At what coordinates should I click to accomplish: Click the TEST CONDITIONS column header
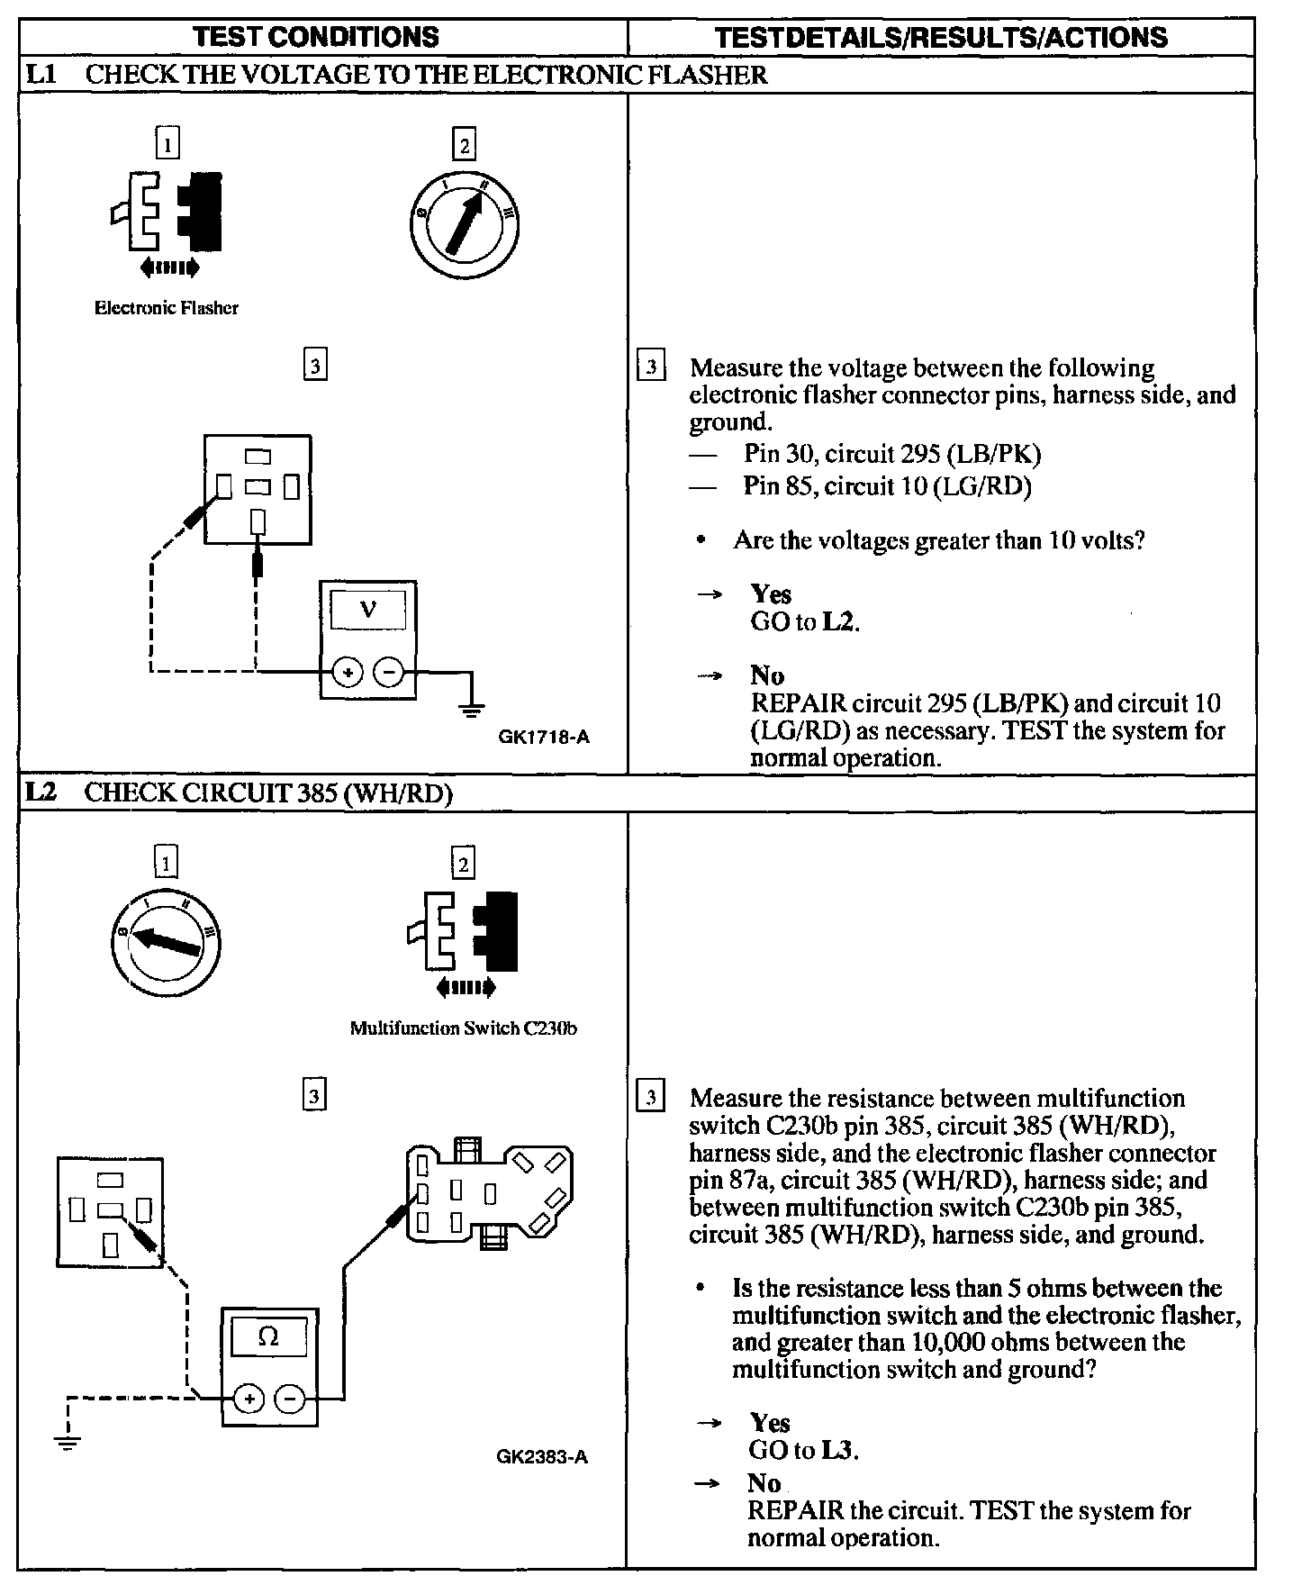(316, 37)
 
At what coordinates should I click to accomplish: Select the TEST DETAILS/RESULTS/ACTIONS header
(941, 37)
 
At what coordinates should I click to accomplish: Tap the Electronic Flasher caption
(167, 308)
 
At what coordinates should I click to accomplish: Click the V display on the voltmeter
(368, 610)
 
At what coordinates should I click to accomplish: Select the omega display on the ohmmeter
(269, 1337)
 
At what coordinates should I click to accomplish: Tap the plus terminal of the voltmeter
(348, 672)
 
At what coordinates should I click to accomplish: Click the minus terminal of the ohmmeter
(290, 1399)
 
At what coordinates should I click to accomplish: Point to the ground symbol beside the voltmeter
(471, 707)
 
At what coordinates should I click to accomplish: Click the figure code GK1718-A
(544, 738)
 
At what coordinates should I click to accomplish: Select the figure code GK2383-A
(542, 1457)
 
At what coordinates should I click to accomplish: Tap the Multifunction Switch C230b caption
(463, 1028)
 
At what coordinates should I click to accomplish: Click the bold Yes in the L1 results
(771, 594)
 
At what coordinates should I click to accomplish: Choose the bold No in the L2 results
(764, 1482)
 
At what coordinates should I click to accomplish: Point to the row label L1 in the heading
(41, 74)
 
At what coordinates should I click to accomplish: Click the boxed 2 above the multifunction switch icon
(463, 865)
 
